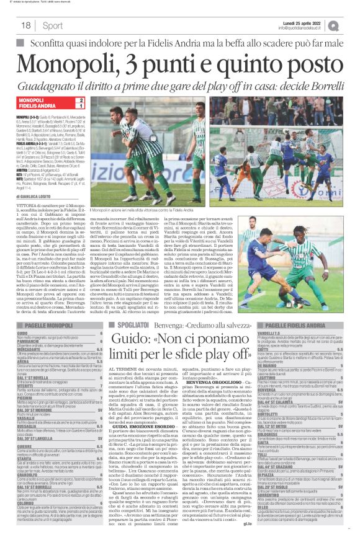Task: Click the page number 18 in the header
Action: (x=26, y=25)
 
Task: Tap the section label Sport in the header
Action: (x=53, y=25)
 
